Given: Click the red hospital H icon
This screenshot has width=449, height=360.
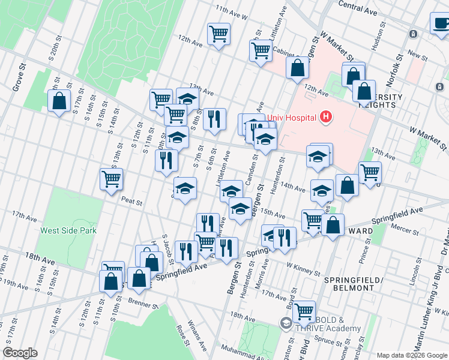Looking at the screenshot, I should tap(325, 116).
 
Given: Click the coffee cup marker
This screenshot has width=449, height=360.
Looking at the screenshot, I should tap(440, 24).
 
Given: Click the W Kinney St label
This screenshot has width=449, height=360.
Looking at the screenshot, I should tap(304, 268).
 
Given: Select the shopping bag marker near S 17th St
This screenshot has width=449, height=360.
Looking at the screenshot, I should tap(59, 101).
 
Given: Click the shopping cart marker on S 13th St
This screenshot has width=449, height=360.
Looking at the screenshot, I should tap(112, 179).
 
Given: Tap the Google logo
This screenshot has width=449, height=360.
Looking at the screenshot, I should tap(20, 353).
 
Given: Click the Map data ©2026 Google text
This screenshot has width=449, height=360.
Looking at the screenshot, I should tap(411, 355).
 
